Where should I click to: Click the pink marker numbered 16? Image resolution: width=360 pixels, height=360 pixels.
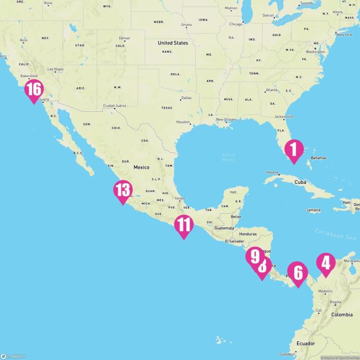(x=34, y=90)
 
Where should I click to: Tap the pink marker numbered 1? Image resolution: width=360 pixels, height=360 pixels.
(x=293, y=150)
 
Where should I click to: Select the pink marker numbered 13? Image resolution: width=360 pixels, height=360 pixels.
(x=123, y=190)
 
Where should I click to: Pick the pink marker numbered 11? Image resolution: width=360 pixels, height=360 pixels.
(x=183, y=225)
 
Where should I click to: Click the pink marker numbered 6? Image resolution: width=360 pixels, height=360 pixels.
(x=298, y=273)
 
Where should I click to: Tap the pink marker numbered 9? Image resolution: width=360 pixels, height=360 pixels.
(x=255, y=256)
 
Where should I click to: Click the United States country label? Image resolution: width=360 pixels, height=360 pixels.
(x=173, y=43)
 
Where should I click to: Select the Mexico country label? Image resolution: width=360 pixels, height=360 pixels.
(x=141, y=168)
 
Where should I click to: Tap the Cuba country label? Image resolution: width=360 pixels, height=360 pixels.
(x=300, y=182)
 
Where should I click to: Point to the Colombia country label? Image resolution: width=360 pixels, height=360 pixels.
(x=341, y=314)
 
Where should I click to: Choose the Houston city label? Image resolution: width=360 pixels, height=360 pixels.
(x=183, y=122)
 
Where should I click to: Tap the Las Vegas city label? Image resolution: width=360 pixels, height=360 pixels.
(x=55, y=69)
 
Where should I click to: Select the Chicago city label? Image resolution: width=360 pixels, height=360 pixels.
(x=236, y=24)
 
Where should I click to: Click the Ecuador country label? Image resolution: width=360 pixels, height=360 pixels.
(x=307, y=343)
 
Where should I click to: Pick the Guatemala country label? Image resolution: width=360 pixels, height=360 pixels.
(x=224, y=228)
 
